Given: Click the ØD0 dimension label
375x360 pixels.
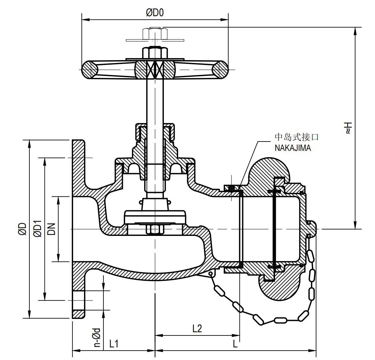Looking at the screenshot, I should (x=155, y=13).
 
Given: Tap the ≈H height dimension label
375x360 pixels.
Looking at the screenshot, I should (x=347, y=128).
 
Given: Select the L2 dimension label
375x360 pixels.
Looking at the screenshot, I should (x=197, y=329).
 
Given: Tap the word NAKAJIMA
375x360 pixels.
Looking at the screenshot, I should (x=293, y=148).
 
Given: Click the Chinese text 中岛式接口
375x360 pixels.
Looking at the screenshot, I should (x=296, y=137).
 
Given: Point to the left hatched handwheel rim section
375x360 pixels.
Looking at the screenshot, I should (x=90, y=70).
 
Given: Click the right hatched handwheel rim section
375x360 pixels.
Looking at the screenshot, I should (x=220, y=70).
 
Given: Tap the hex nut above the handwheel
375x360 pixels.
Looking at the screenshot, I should (x=155, y=33).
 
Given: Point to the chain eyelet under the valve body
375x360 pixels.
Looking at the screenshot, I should (x=211, y=274).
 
